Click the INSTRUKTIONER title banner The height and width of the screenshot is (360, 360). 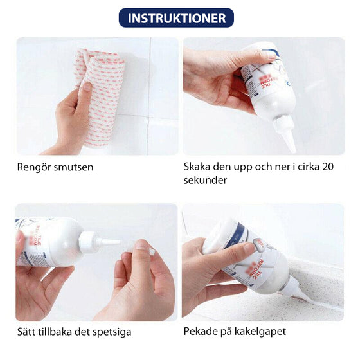(x=176, y=18)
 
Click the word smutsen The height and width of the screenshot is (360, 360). (x=73, y=167)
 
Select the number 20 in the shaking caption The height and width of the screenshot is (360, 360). (x=328, y=166)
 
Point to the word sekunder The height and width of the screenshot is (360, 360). (x=205, y=180)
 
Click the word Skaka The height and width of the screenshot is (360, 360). (x=197, y=166)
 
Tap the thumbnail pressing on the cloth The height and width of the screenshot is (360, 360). (x=87, y=87)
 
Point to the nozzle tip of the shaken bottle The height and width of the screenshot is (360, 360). (x=293, y=151)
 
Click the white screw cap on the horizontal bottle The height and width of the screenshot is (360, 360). (x=87, y=242)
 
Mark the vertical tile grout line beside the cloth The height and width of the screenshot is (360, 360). (x=148, y=96)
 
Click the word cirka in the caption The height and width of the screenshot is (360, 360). (x=309, y=166)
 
